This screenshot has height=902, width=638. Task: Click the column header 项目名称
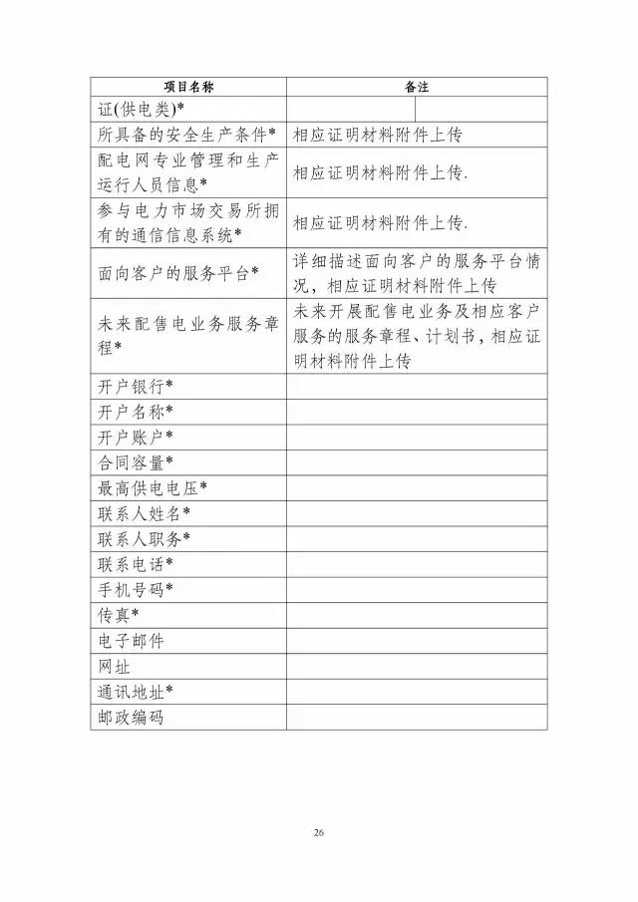188,87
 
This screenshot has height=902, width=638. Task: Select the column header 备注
417,87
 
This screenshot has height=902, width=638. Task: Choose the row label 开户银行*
136,386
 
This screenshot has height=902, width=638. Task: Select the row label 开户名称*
136,411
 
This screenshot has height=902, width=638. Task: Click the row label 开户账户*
136,437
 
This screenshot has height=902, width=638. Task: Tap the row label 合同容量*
136,461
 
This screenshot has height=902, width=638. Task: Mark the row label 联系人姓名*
145,513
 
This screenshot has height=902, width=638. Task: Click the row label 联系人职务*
145,538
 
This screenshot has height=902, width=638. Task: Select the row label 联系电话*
136,564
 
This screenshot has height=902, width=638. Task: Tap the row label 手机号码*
136,589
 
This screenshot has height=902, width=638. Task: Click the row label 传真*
119,615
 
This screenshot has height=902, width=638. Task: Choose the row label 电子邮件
131,641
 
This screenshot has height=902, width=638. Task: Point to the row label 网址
115,666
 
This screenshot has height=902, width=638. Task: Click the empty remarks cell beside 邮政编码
417,717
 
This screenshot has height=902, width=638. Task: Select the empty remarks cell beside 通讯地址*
417,691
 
